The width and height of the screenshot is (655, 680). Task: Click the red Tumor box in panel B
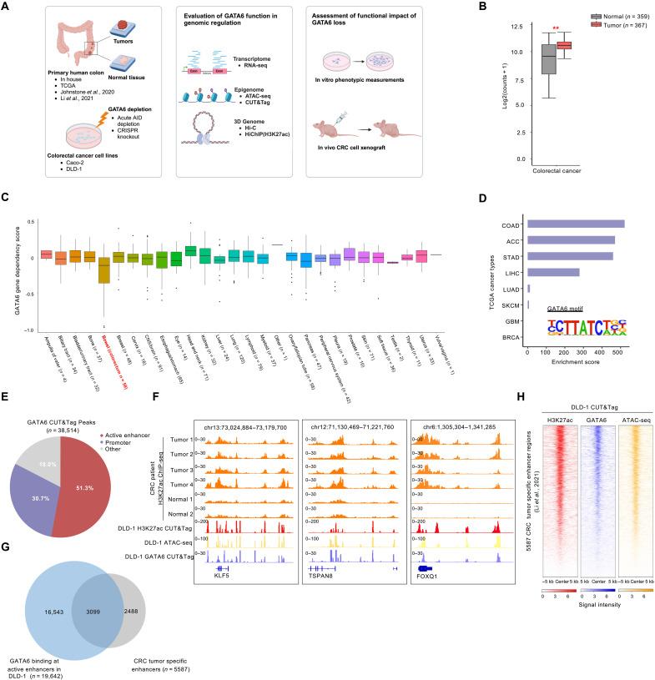pos(565,45)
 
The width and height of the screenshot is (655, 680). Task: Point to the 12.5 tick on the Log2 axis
pos(524,27)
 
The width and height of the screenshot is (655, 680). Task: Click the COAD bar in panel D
pos(576,224)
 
